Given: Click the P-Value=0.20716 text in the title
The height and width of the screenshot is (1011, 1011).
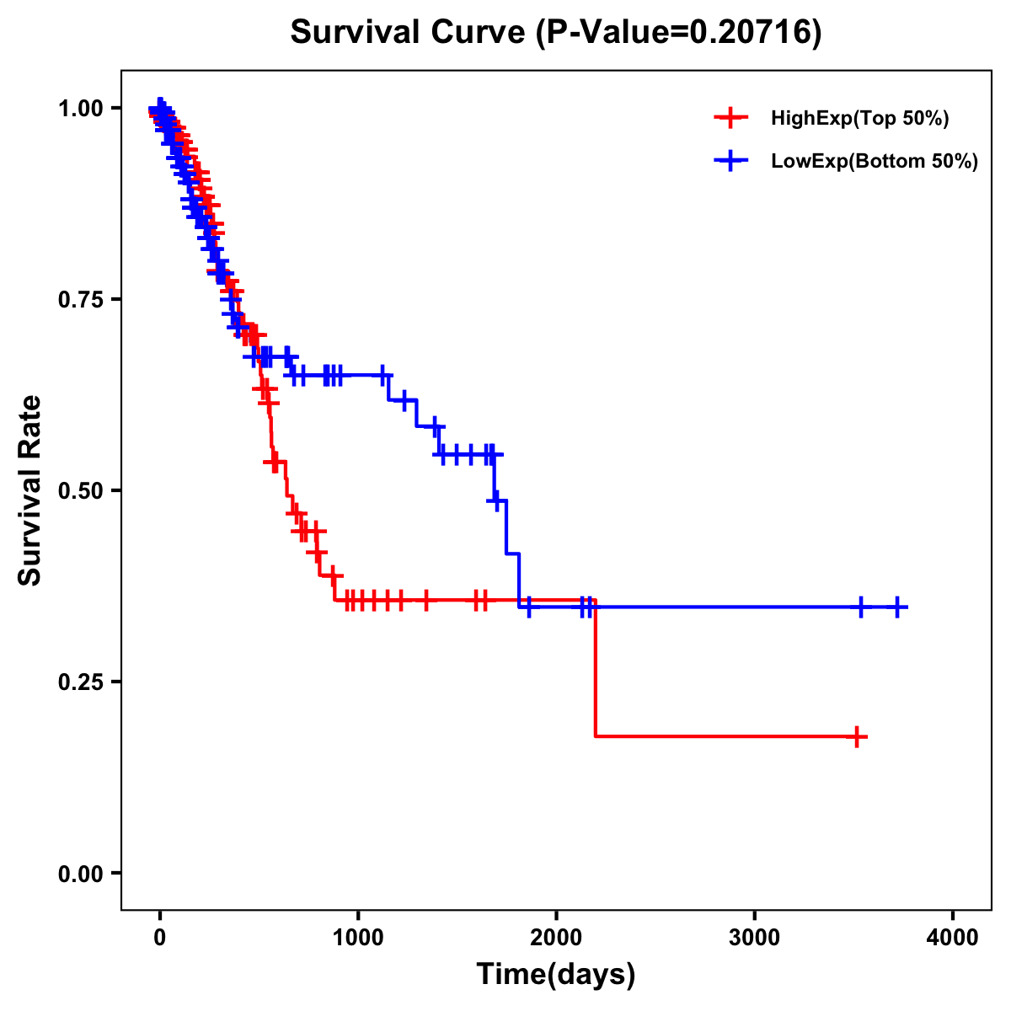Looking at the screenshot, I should click(681, 33).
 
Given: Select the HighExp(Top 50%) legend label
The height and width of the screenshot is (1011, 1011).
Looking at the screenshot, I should click(859, 119).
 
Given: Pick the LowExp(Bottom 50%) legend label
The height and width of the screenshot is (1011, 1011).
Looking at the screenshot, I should click(875, 162).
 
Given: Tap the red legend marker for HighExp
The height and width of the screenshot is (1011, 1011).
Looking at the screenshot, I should click(730, 118).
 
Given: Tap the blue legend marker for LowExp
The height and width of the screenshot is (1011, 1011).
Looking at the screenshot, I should click(730, 161).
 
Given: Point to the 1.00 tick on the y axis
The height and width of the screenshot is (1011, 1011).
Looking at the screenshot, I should click(80, 109).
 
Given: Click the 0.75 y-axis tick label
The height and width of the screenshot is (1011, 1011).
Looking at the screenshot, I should click(80, 300).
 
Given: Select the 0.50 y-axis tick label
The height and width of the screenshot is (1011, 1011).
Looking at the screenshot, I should click(80, 491).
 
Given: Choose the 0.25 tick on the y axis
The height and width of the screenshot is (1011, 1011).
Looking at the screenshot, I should click(80, 682).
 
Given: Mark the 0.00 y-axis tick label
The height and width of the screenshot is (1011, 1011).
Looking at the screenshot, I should click(80, 874).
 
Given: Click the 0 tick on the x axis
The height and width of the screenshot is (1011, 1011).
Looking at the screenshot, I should click(160, 938).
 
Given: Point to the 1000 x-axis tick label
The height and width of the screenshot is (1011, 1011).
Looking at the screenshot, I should click(358, 938).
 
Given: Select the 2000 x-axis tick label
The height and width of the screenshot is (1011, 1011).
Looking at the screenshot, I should click(556, 938).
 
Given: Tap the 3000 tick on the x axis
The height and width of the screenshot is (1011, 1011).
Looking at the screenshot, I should click(754, 938).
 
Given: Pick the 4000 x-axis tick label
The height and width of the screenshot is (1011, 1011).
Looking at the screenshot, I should click(953, 938).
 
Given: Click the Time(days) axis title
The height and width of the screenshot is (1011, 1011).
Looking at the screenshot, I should click(556, 975).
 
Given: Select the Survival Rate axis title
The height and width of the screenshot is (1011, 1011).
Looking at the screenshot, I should click(30, 490).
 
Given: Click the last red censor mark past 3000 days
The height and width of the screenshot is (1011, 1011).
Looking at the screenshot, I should click(856, 737).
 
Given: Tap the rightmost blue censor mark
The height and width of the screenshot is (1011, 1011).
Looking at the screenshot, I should click(898, 607).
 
